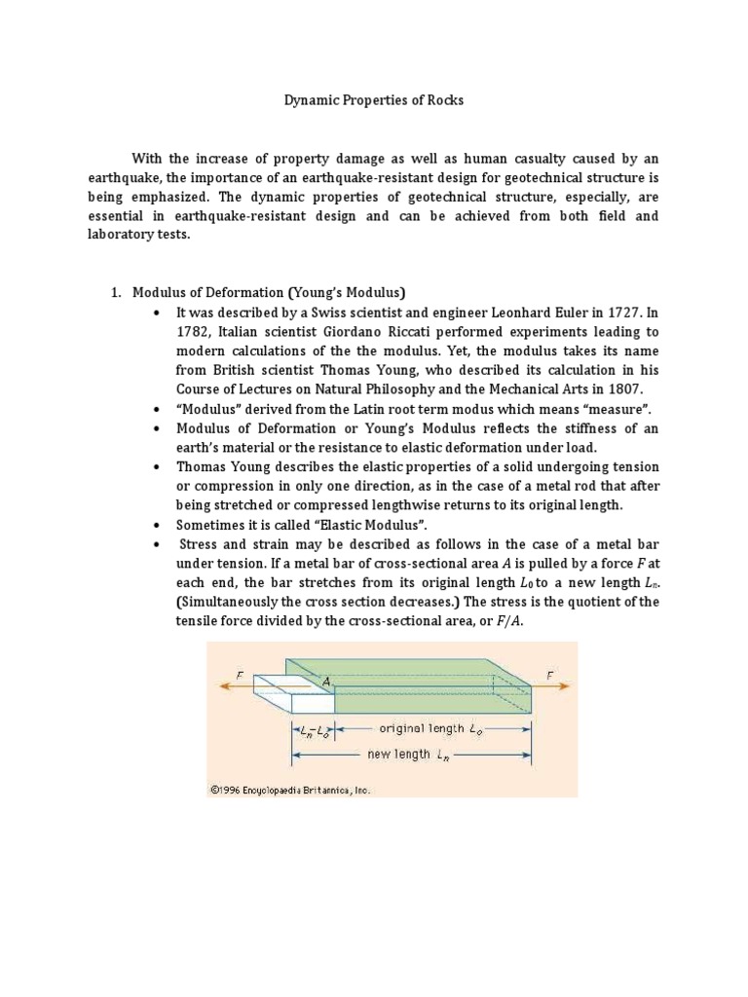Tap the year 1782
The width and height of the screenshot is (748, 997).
click(192, 331)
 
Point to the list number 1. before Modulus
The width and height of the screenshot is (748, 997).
click(114, 292)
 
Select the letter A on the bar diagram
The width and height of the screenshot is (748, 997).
click(327, 683)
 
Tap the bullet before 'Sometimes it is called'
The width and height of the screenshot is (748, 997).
click(156, 525)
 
